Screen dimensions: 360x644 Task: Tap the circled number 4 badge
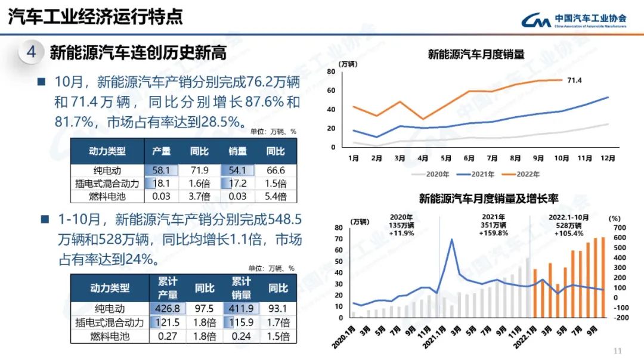31,52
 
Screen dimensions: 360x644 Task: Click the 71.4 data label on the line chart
574,80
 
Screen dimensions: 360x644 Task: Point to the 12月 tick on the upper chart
608,159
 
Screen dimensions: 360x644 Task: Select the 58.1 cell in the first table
162,170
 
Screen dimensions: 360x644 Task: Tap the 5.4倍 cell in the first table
275,196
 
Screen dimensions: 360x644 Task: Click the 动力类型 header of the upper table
108,151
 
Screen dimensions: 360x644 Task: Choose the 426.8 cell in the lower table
168,309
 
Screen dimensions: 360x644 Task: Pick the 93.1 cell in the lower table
278,309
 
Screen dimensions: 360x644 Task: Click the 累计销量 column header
241,288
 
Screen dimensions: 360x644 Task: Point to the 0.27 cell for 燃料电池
168,336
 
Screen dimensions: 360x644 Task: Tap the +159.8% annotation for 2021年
493,233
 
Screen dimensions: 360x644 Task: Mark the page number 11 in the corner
617,350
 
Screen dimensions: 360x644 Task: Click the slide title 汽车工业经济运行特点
95,17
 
